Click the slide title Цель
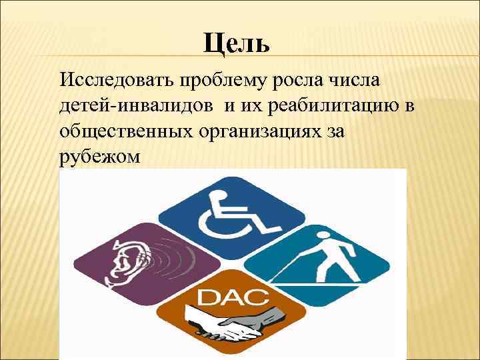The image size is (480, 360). pos(237,43)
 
